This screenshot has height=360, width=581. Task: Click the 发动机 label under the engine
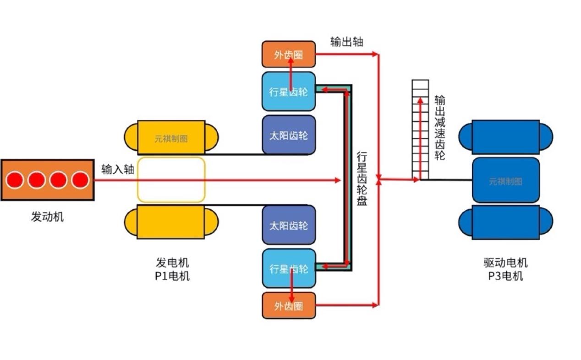tap(47, 217)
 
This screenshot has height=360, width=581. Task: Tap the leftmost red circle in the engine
tap(15, 180)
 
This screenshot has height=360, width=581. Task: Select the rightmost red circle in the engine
tap(80, 180)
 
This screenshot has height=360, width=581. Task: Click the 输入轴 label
tap(118, 169)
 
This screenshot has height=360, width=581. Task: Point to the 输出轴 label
tap(347, 42)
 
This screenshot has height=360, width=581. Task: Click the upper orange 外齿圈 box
tap(289, 55)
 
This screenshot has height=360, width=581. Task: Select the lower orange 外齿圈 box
tap(289, 305)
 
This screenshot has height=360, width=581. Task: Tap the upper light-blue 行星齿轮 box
tap(289, 92)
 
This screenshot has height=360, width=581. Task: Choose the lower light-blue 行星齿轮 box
tap(289, 269)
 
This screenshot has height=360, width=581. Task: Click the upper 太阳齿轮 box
tap(289, 135)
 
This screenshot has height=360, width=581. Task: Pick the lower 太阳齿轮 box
tap(289, 225)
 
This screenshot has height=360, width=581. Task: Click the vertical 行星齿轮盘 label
tap(362, 179)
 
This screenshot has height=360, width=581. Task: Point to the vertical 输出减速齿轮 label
tap(440, 127)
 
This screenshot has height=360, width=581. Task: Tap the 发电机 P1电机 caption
tap(172, 269)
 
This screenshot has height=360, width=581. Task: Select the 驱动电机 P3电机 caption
tap(505, 269)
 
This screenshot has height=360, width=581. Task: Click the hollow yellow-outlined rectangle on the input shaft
tap(171, 180)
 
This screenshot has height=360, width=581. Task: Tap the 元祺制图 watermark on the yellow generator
tap(171, 138)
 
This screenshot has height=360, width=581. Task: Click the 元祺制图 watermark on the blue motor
tap(505, 181)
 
